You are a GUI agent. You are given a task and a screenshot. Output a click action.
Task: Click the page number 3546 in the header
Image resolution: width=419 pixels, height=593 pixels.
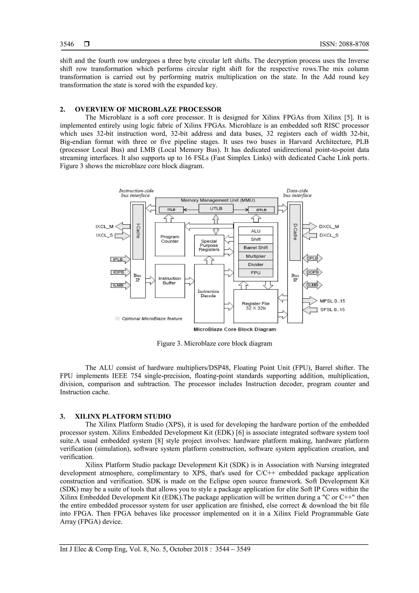(67, 44)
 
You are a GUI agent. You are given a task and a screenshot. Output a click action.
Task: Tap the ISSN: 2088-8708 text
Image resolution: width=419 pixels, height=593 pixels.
(344, 44)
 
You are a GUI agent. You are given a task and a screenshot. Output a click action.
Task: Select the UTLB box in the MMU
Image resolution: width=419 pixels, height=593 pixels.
(216, 208)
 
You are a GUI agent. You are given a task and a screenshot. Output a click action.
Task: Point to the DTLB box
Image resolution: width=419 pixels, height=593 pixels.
(261, 210)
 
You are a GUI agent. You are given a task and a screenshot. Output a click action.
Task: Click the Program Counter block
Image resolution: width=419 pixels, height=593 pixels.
(170, 239)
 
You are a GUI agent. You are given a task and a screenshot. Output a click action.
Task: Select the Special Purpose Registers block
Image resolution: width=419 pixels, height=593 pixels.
(209, 245)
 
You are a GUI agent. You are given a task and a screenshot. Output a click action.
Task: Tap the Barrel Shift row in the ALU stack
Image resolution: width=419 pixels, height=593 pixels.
(256, 248)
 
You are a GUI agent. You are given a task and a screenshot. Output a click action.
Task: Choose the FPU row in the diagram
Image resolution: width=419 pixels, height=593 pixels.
(256, 273)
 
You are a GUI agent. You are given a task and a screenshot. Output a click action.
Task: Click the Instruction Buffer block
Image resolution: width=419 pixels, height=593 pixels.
(170, 281)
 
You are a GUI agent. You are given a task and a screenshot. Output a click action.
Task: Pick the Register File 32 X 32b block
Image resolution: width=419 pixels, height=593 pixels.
(256, 306)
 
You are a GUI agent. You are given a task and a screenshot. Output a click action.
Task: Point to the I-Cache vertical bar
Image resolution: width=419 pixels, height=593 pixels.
(138, 232)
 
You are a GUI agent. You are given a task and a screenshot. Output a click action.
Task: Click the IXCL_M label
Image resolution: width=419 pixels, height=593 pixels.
(104, 227)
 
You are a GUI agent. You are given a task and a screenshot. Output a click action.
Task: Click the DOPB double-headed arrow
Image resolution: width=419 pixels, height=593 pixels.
(312, 272)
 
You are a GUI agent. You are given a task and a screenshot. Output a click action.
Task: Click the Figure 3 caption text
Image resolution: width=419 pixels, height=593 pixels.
(214, 343)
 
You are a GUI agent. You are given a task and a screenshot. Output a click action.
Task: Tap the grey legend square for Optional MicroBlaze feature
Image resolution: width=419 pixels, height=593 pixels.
(117, 319)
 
